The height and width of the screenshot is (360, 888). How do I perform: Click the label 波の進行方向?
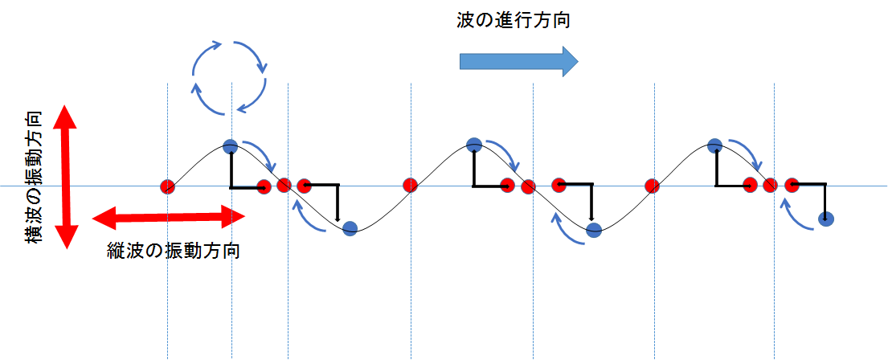click(513, 21)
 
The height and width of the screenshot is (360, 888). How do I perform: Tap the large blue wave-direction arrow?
click(518, 60)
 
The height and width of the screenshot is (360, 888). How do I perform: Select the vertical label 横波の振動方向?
click(34, 177)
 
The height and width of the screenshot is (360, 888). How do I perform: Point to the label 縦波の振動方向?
click(173, 250)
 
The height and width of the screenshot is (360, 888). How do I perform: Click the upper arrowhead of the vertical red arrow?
click(66, 117)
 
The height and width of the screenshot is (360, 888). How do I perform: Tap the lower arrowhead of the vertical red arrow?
click(66, 236)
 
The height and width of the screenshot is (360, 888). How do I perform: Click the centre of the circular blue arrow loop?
click(229, 77)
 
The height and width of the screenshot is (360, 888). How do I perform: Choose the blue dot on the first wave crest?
click(230, 146)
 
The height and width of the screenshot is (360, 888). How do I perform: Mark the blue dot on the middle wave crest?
click(474, 145)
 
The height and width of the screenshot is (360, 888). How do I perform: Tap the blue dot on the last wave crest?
click(714, 145)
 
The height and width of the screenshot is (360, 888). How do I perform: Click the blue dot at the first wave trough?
click(350, 228)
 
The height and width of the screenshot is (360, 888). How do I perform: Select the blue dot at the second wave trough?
click(594, 230)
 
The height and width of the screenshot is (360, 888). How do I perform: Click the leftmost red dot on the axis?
click(167, 186)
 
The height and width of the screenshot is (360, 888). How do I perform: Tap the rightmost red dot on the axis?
click(791, 185)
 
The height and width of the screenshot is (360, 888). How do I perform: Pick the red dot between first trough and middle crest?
click(410, 185)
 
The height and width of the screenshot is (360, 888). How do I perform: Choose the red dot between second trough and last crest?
click(652, 185)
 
